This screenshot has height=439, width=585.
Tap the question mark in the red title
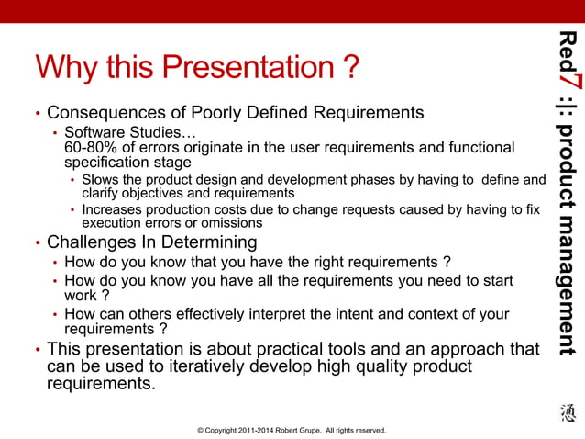pyautogui.click(x=349, y=67)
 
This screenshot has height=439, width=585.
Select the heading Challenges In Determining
pyautogui.click(x=151, y=242)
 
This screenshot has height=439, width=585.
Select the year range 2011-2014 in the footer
pyautogui.click(x=251, y=429)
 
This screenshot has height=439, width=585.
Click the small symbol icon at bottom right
pyautogui.click(x=568, y=414)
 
